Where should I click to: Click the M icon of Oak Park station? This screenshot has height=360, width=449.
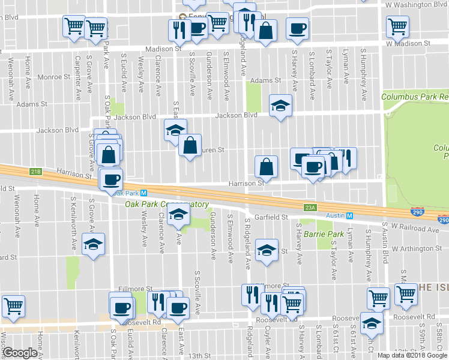click(x=144, y=193)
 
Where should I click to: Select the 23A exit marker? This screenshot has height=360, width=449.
click(x=309, y=207)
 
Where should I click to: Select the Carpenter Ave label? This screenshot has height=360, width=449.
click(x=77, y=78)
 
